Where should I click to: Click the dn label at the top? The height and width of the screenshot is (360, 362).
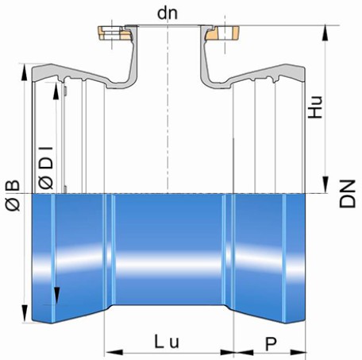click(x=168, y=14)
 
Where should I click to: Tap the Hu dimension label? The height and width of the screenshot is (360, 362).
click(x=315, y=107)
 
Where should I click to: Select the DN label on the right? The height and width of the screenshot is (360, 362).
click(x=347, y=194)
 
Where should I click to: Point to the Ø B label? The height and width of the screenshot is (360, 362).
click(x=13, y=195)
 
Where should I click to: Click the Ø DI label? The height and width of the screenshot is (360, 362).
click(x=46, y=168)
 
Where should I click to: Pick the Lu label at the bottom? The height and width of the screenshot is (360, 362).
click(x=167, y=342)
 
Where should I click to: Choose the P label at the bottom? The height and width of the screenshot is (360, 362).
click(x=271, y=344)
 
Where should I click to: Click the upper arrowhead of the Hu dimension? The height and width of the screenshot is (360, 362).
click(x=325, y=33)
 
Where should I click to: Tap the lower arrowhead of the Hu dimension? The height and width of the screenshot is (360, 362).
click(x=325, y=185)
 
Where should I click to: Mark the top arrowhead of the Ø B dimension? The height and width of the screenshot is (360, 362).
click(x=24, y=72)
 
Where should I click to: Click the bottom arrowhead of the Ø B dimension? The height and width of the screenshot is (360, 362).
click(x=25, y=314)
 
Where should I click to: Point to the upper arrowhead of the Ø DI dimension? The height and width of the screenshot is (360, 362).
click(x=56, y=91)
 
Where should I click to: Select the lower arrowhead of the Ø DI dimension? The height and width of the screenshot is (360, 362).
click(x=56, y=296)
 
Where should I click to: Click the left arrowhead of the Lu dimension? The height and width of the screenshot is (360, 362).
click(x=114, y=353)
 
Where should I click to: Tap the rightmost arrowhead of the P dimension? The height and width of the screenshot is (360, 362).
click(x=298, y=353)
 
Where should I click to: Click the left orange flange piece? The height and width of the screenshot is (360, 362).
click(x=114, y=33)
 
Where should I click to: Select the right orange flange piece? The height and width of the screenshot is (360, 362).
click(x=222, y=33)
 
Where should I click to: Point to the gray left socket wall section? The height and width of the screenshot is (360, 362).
click(x=79, y=73)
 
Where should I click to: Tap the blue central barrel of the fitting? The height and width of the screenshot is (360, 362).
click(x=168, y=249)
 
